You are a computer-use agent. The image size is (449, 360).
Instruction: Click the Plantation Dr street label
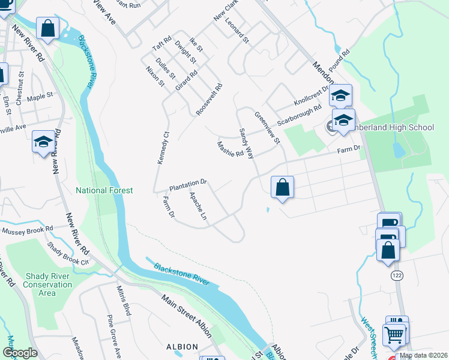coord(187,182)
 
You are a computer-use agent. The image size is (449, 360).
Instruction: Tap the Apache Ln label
coord(199,205)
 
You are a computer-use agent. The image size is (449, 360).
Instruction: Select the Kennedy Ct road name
coord(163,147)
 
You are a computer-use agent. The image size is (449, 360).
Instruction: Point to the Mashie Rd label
coord(230,148)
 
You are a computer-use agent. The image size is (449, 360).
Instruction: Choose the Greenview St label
coord(267,128)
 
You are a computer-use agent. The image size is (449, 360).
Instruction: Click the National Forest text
coord(104,190)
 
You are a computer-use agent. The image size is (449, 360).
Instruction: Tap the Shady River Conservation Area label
coord(48,284)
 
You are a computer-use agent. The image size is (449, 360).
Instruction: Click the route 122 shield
coord(396,274)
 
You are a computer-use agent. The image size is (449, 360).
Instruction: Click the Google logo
coord(20,353)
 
